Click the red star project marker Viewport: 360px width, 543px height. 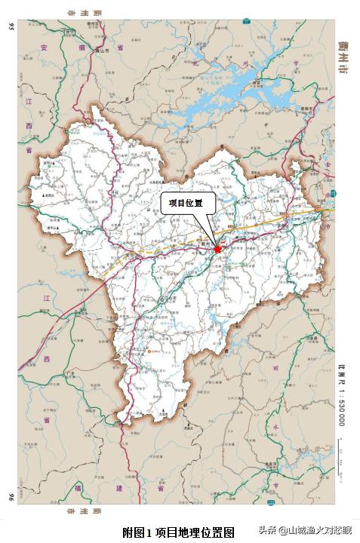click(x=218, y=248)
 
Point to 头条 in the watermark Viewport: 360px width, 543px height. click(x=267, y=530)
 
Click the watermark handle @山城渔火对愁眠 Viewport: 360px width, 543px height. click(x=315, y=530)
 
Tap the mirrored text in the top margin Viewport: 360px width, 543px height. click(x=82, y=13)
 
